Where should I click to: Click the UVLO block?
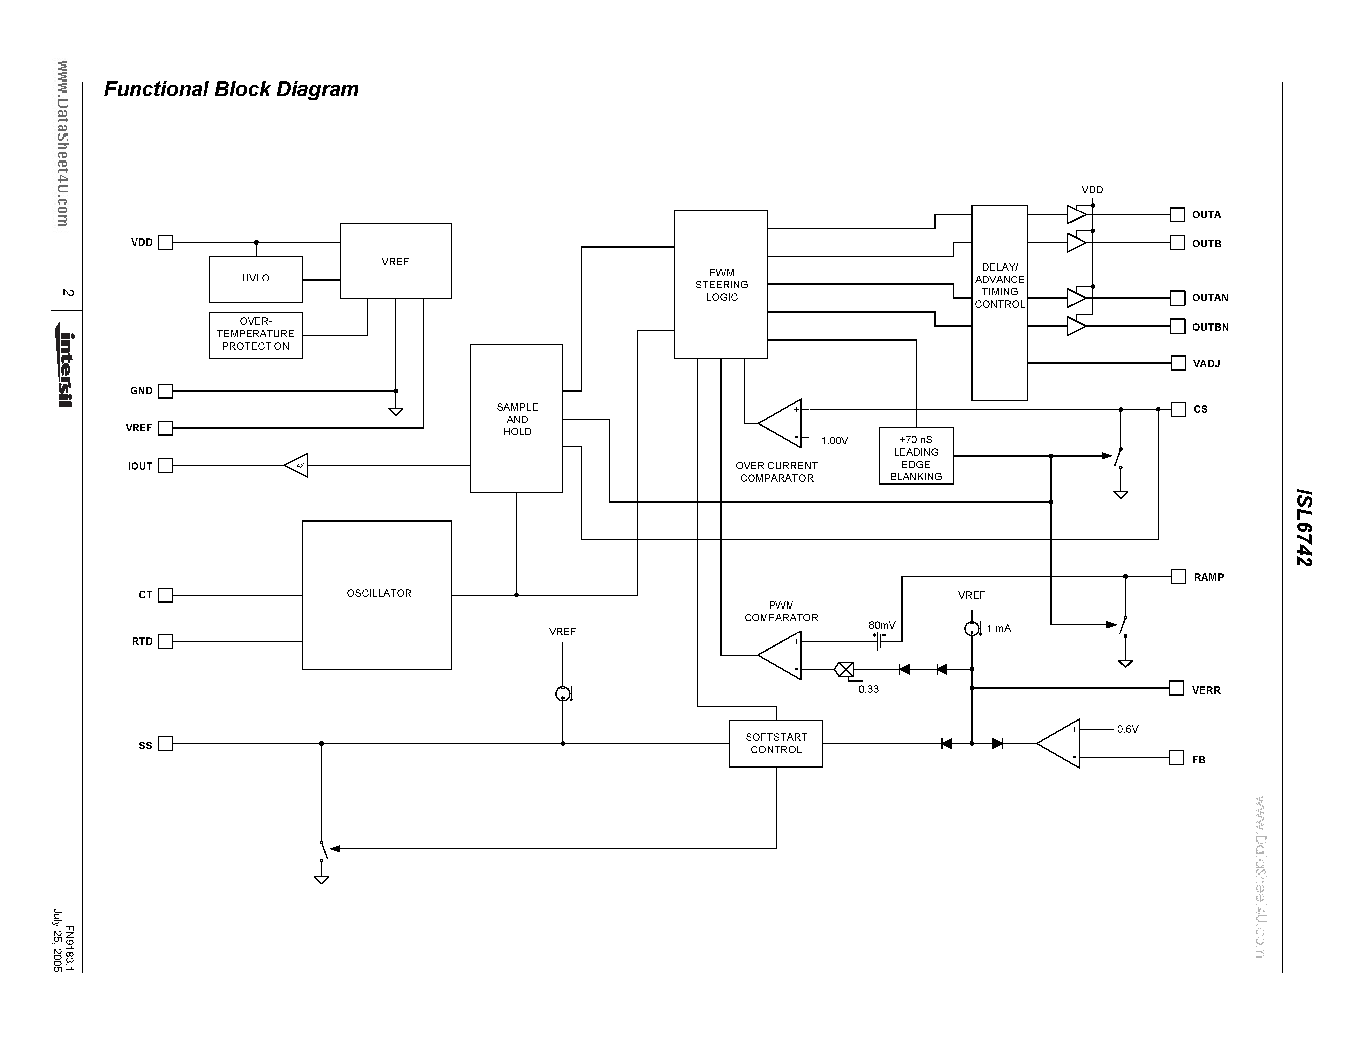(x=256, y=279)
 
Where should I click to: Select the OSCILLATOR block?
(x=376, y=594)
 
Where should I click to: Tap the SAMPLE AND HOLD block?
(x=516, y=419)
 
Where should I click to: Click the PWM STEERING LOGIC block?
(x=721, y=284)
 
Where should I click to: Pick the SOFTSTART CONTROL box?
(x=776, y=743)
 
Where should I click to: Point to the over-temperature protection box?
(x=256, y=335)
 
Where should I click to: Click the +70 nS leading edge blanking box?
(x=916, y=456)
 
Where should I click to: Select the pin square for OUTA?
(x=1177, y=215)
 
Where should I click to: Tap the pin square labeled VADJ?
(x=1178, y=363)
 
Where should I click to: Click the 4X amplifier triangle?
(x=297, y=465)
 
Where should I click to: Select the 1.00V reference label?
(x=834, y=441)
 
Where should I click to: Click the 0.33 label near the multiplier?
(x=868, y=689)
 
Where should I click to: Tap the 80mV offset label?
(x=881, y=625)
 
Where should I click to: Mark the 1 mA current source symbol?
(x=971, y=629)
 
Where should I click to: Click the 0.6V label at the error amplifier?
(x=1128, y=729)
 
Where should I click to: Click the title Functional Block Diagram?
(x=231, y=89)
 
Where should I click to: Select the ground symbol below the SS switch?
(x=321, y=879)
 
